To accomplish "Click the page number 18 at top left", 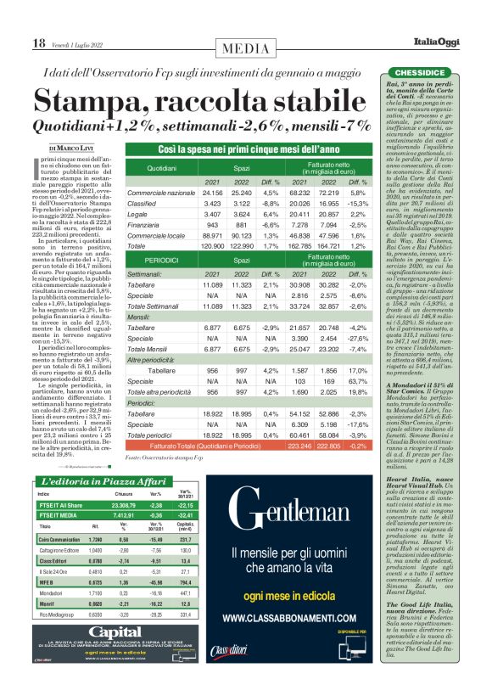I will pos(39,42).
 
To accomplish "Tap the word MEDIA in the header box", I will pos(245,43).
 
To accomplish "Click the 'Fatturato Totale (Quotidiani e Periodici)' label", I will pos(217,445).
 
